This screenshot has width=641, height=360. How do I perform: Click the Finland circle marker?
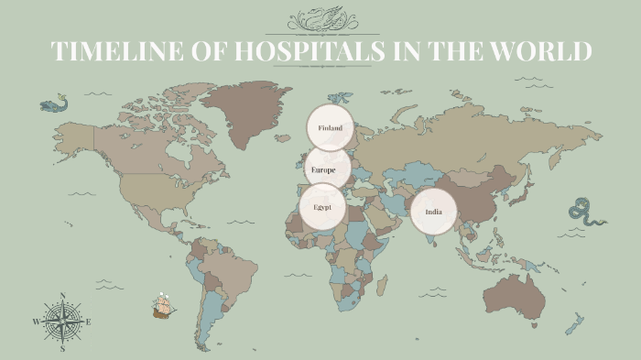pos(330,128)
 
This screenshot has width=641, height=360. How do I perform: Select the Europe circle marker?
pos(327,169)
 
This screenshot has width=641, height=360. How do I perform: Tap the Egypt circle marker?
pos(322,206)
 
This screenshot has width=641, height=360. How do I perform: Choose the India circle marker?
pos(433,213)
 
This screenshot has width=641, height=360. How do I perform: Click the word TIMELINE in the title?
pos(117,51)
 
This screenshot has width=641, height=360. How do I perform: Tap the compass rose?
pos(62,322)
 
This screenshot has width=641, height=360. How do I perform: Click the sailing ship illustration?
pos(164,305)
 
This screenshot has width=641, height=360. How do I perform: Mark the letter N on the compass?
pos(62,296)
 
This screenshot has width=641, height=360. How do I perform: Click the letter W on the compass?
pos(37,322)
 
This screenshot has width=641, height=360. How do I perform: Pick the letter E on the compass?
pos(89,322)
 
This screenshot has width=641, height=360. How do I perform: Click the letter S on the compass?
pos(62,349)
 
